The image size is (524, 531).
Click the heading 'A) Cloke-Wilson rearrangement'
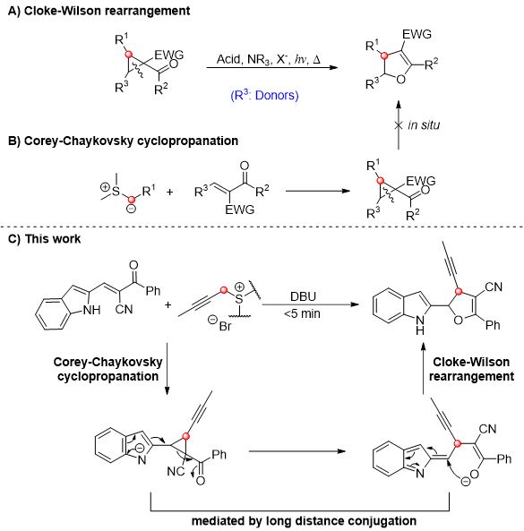click(x=99, y=11)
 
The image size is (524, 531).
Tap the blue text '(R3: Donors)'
click(x=264, y=95)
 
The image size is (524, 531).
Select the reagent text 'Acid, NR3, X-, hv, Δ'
click(x=268, y=60)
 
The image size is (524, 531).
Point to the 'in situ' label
click(x=424, y=125)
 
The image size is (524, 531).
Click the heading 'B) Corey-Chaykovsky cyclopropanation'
click(x=123, y=141)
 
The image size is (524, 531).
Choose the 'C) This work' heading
click(x=45, y=239)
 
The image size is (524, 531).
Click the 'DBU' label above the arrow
click(x=303, y=296)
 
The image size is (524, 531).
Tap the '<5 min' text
click(x=302, y=313)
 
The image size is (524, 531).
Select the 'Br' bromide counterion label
click(x=225, y=326)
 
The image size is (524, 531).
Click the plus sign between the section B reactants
click(x=169, y=192)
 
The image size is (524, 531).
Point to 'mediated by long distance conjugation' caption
click(x=304, y=520)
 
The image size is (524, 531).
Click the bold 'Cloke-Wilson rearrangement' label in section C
click(x=471, y=369)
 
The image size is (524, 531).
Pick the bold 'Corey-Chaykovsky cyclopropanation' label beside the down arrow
click(x=107, y=369)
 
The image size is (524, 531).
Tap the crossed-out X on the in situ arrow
click(x=399, y=125)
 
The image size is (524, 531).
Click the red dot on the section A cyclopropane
click(x=128, y=55)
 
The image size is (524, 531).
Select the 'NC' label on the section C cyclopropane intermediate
click(x=176, y=471)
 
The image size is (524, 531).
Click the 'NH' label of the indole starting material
click(x=91, y=310)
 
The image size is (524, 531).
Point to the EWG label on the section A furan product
click(x=417, y=34)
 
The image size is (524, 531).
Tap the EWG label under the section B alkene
click(x=240, y=210)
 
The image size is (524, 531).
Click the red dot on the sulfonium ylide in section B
click(x=132, y=200)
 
